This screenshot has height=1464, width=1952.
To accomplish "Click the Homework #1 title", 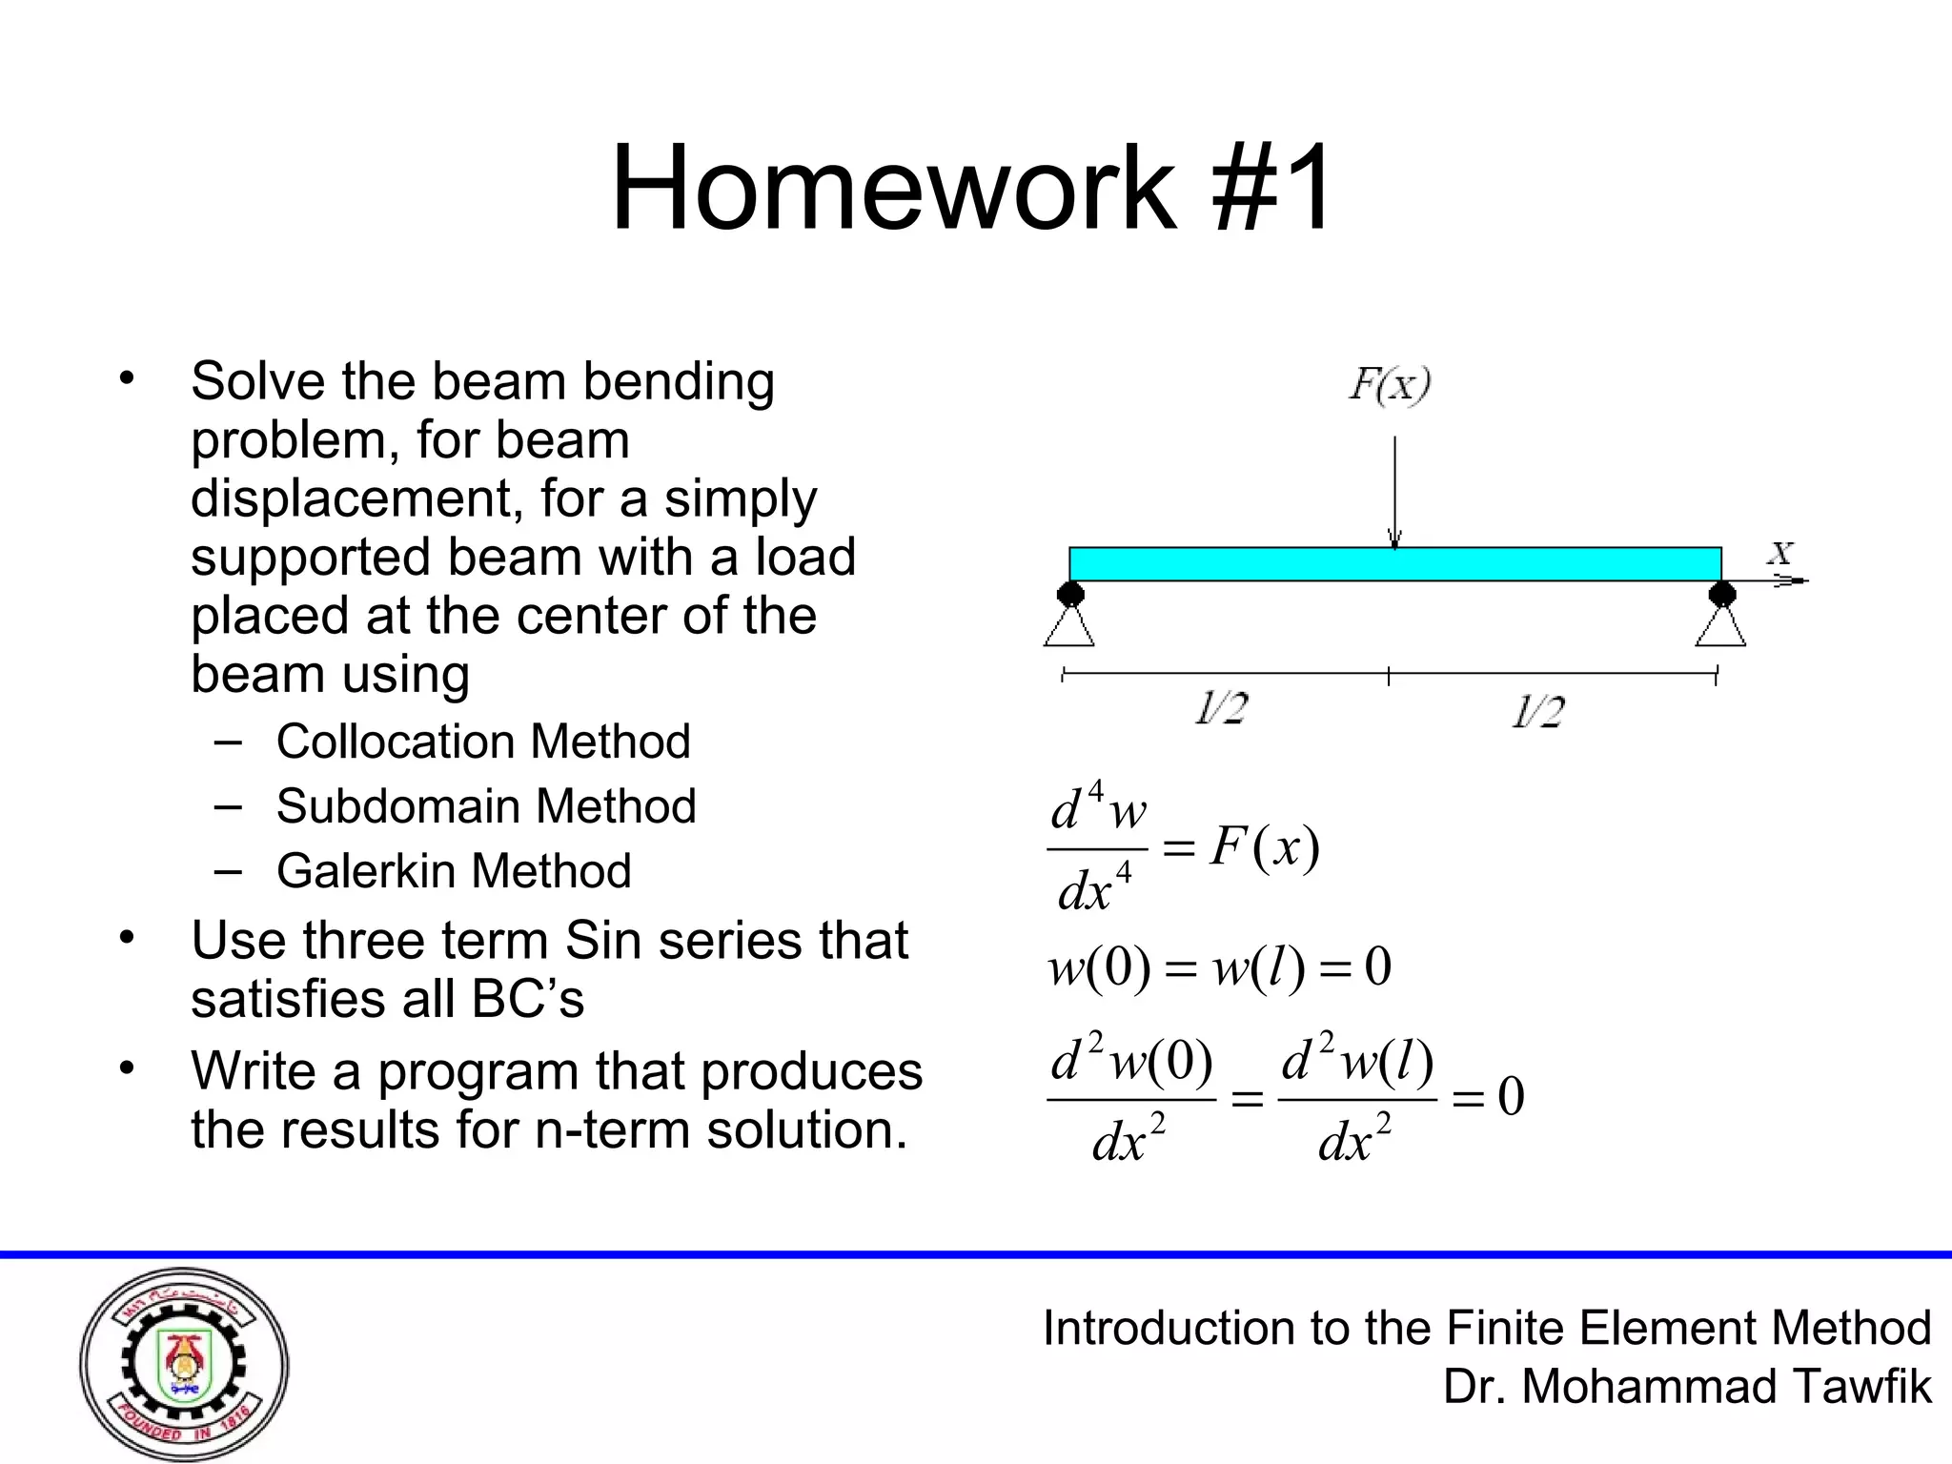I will point(971,188).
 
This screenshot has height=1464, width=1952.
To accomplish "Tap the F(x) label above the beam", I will point(1390,385).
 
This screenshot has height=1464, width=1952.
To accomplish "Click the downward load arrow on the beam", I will point(1394,491).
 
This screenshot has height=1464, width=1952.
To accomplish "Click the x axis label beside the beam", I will point(1780,553).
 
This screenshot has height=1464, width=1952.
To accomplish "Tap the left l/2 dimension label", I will point(1221,710).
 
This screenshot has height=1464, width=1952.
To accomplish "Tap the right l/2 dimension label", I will point(1537,712).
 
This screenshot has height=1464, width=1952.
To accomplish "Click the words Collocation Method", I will point(482,742).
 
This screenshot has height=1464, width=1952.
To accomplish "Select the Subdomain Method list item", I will point(486,806).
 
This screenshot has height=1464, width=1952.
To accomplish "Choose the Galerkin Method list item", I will point(454,871).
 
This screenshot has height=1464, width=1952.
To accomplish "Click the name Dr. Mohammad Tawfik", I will point(1687,1387).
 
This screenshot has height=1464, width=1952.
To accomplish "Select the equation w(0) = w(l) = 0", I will point(1219,967).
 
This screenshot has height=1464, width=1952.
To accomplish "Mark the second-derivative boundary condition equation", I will point(1285,1098).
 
